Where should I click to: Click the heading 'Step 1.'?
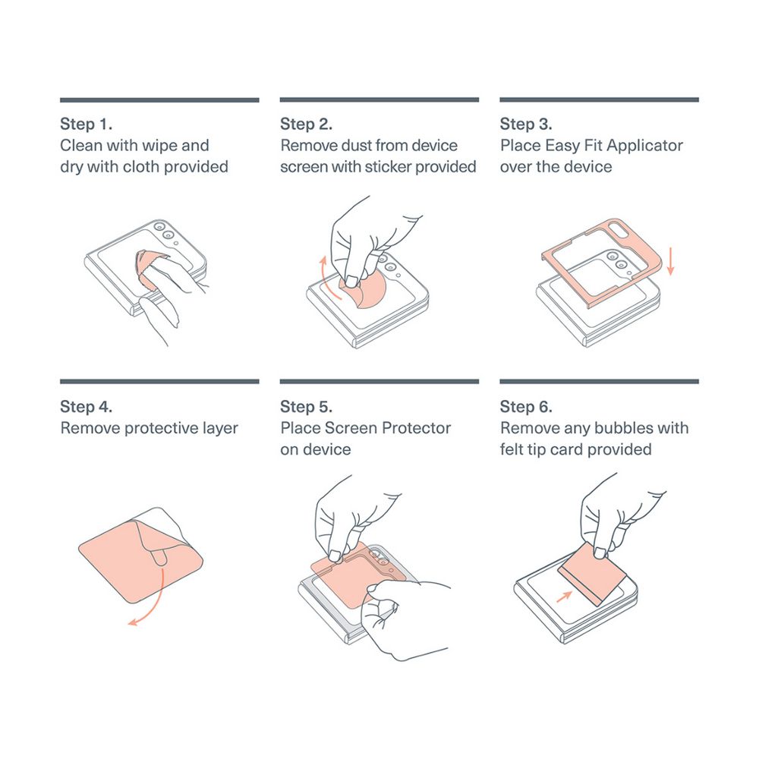point(87,124)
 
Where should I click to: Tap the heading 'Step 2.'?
point(306,124)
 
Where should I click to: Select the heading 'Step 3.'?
point(526,124)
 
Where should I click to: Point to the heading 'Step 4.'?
point(87,407)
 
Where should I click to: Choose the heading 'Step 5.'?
point(306,407)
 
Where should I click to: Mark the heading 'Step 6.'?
point(526,407)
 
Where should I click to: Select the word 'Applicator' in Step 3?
point(644,146)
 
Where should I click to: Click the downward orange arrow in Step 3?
point(670,261)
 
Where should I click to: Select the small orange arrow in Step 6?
point(564,597)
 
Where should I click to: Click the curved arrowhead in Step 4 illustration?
point(133,622)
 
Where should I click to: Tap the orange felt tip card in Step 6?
point(591,574)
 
